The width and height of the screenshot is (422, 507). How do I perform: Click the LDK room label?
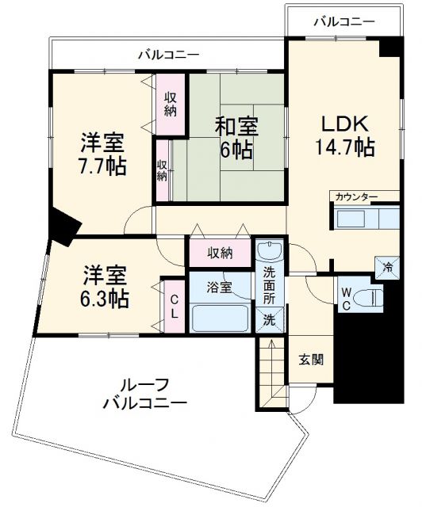(343, 124)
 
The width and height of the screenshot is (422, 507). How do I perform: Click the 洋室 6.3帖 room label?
(104, 287)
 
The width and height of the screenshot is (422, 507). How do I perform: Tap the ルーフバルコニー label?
(146, 394)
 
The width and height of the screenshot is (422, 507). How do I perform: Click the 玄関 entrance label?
(311, 359)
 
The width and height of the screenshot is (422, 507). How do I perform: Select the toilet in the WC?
(367, 297)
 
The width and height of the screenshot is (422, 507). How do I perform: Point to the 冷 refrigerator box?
(389, 266)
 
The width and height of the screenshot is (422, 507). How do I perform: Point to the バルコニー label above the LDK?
(343, 21)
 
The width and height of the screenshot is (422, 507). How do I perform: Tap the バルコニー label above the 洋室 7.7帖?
(168, 55)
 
